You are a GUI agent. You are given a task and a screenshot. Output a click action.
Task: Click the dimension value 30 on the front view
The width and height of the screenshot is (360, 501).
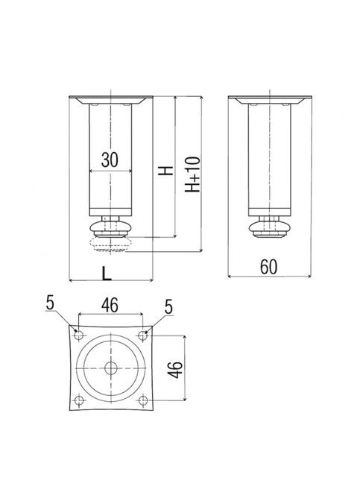tap(110, 160)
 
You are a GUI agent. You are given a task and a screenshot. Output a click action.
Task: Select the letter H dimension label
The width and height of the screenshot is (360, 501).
tap(165, 171)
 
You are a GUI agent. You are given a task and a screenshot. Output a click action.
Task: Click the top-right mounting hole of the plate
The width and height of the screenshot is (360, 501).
tap(142, 335)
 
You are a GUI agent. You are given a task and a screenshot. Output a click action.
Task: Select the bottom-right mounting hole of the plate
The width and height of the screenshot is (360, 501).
tap(142, 401)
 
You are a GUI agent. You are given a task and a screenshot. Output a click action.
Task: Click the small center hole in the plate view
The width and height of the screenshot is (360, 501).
tap(111, 368)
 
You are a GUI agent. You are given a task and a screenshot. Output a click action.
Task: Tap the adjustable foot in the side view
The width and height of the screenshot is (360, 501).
tap(268, 226)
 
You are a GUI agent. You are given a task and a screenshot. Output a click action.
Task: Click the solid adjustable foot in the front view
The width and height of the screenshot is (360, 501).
tap(110, 226)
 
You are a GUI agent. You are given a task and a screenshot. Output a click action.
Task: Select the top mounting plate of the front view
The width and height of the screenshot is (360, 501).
tap(110, 99)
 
